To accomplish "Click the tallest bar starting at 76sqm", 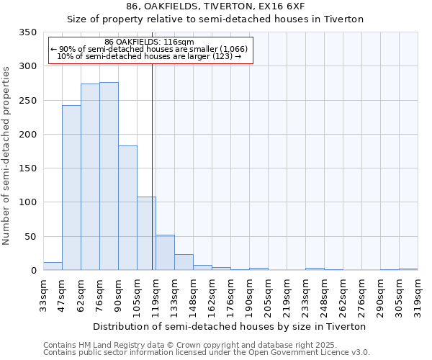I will click(109, 176).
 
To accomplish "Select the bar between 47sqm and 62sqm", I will click(71, 188).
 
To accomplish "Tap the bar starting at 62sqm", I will click(90, 177).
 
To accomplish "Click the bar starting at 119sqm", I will click(165, 253).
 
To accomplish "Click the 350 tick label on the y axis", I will click(27, 32).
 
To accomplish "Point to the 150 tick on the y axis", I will click(27, 168).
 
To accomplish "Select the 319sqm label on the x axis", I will click(418, 294).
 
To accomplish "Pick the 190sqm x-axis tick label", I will click(249, 294).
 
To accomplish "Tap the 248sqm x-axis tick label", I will click(324, 294).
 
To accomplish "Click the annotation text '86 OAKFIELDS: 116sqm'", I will click(149, 42).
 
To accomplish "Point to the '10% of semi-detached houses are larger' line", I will click(149, 56).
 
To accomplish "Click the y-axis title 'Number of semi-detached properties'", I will click(6, 155).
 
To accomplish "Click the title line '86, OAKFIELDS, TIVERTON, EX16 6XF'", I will click(215, 6).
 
